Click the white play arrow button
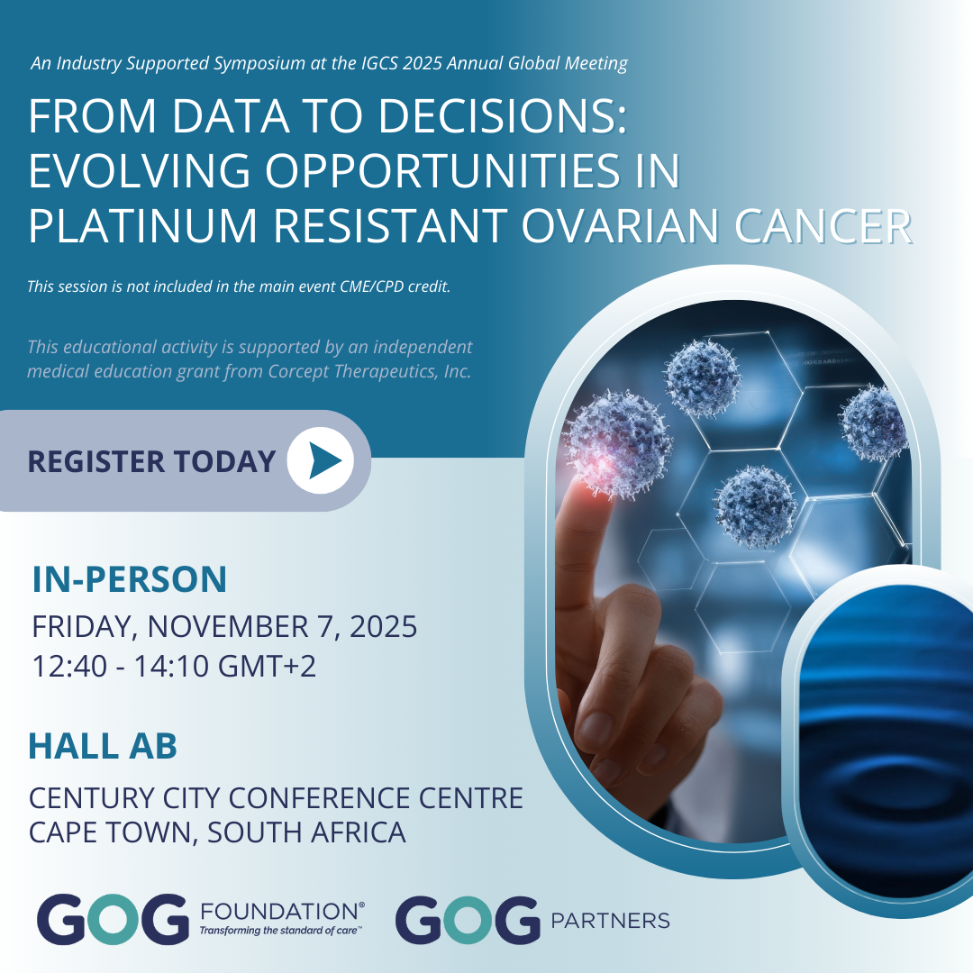point(320,460)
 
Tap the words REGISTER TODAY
point(151,461)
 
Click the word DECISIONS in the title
point(503,116)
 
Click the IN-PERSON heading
point(130,579)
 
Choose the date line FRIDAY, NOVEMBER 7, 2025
point(224,626)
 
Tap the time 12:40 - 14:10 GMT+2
point(174,667)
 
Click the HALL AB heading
point(103,746)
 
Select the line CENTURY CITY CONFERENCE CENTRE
point(277,798)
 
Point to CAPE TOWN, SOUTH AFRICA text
point(217,832)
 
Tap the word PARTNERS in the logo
point(610,920)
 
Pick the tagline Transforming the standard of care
point(279,930)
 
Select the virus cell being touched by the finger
point(617,443)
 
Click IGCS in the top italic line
point(377,63)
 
